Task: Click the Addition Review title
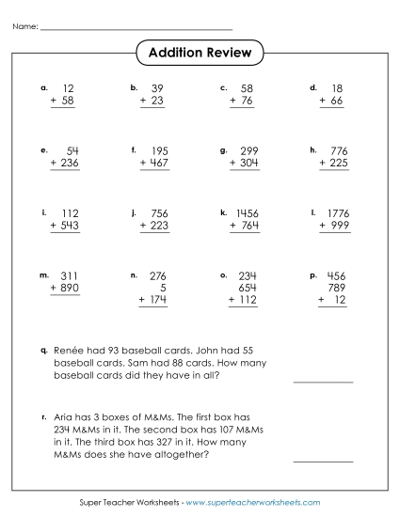[200, 53]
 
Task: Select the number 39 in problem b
[157, 87]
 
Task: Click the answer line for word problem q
[323, 382]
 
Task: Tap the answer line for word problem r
[323, 461]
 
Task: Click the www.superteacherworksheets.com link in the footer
[254, 504]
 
